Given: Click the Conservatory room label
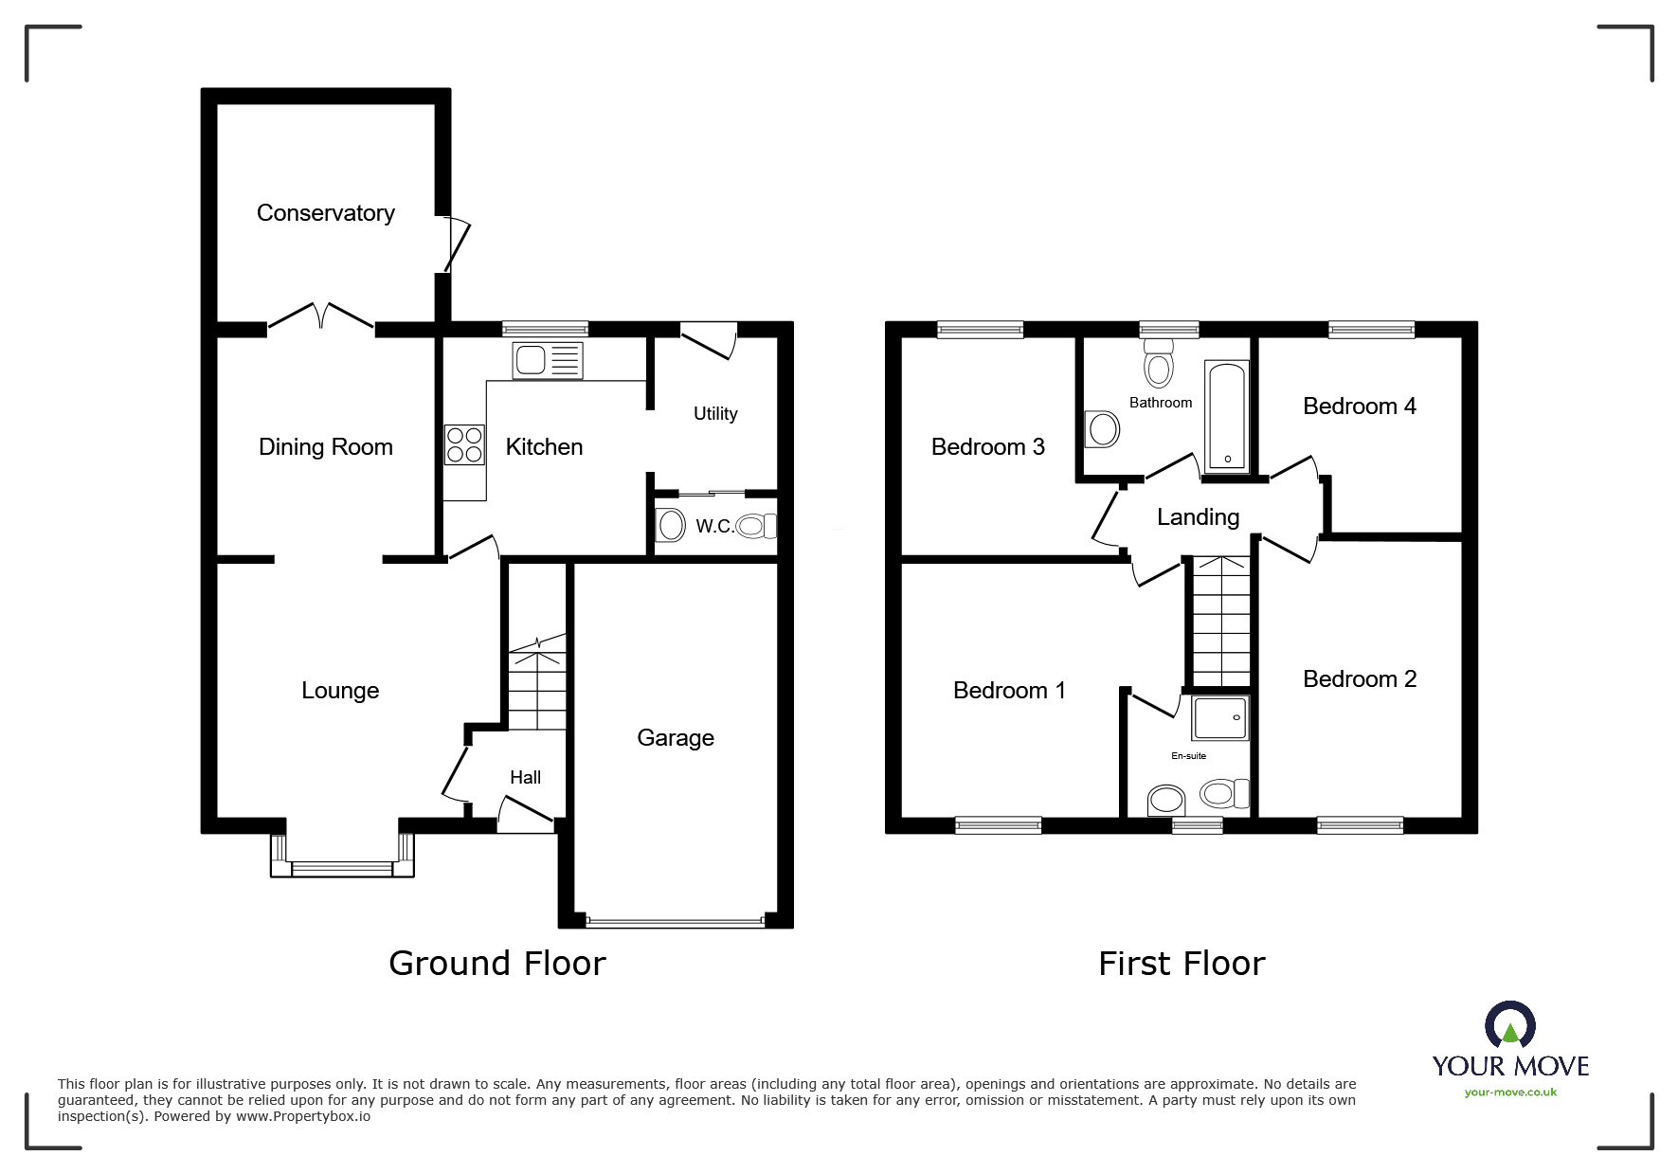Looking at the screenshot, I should (325, 213).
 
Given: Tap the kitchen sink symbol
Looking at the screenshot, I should (547, 361).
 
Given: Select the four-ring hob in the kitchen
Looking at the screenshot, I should (464, 445).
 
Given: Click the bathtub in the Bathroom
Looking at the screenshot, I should (1227, 417).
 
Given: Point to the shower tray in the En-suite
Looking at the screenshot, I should (1220, 718).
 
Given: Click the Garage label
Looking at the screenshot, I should (675, 737).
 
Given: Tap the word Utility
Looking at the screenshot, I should (714, 413).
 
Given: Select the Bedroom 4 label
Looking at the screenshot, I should (1359, 406).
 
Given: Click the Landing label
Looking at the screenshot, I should (1198, 516).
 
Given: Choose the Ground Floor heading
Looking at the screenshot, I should (496, 964).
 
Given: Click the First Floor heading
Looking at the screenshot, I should (1181, 964).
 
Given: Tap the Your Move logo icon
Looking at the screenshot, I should (1509, 1026).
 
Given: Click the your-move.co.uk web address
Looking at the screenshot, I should (1510, 1093).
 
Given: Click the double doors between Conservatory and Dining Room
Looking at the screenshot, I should (322, 318).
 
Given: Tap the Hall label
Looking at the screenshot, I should (525, 777).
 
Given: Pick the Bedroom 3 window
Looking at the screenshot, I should (980, 330).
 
